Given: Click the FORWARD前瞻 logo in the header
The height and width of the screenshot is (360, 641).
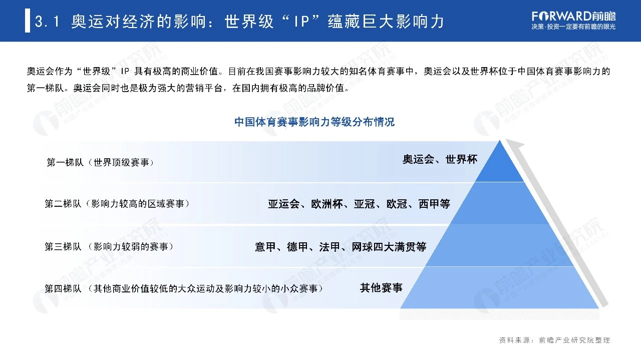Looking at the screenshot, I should (x=574, y=16).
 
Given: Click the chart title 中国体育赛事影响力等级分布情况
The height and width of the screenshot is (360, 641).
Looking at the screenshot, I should (x=314, y=122).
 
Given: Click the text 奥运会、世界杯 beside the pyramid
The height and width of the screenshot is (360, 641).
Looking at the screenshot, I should (x=440, y=160).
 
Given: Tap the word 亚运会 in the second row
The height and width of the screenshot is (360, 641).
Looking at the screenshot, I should (x=283, y=204).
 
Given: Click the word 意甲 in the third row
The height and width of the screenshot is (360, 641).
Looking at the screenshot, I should (x=265, y=247).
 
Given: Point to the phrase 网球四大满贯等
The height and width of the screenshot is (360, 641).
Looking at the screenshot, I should (x=389, y=247).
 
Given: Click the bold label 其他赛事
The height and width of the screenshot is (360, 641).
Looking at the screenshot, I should (x=381, y=288).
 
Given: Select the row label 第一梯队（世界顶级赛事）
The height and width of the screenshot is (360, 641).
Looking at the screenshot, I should (x=100, y=163).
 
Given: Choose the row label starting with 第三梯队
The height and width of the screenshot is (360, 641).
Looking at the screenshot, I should (x=109, y=247).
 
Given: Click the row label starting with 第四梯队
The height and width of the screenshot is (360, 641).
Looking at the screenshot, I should (x=183, y=289).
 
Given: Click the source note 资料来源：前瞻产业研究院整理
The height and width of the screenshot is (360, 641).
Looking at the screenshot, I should (x=554, y=340).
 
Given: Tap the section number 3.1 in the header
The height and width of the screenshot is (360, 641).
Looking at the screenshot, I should (x=49, y=22).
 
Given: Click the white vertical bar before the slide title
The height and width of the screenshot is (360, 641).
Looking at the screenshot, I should (x=28, y=22).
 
